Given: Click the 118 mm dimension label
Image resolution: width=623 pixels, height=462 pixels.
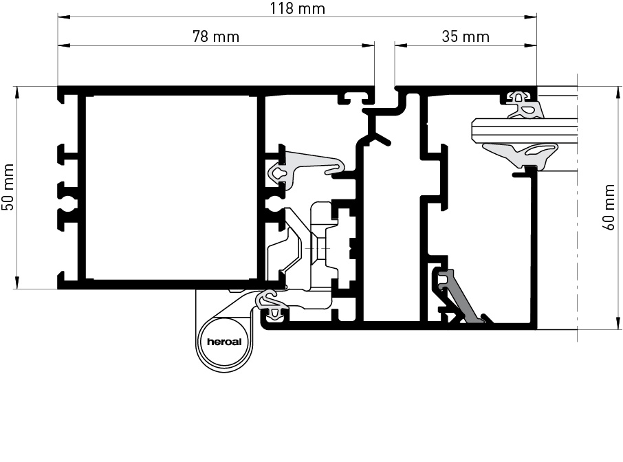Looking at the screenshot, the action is click(x=298, y=8).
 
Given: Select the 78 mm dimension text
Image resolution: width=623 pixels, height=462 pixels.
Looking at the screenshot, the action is click(x=216, y=36).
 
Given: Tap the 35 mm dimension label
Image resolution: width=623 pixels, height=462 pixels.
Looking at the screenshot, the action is click(x=466, y=36).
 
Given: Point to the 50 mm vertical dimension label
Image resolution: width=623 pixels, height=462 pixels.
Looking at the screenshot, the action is click(x=8, y=187).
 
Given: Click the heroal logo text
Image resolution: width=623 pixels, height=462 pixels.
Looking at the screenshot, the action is click(x=224, y=342).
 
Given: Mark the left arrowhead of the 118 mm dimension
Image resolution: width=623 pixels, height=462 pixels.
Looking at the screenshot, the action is click(x=63, y=17).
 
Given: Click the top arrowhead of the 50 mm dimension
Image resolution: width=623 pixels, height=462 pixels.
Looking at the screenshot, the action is click(x=17, y=92).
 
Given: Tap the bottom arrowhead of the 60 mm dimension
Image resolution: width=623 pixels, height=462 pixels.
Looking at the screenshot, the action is click(x=617, y=323).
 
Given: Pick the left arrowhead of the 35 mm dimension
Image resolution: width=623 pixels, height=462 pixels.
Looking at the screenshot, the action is click(x=400, y=45).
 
